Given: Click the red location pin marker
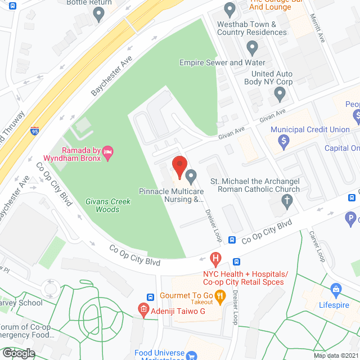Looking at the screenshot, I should (179, 166).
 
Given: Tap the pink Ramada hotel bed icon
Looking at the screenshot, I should (109, 150).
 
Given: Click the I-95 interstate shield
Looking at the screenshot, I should (35, 130).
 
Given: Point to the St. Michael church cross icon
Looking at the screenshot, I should (287, 200).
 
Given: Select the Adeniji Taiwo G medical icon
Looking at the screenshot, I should (143, 309).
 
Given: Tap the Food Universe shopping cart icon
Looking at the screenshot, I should (192, 355).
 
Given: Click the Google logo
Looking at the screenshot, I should (18, 353).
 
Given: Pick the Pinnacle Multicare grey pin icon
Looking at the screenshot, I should (191, 177).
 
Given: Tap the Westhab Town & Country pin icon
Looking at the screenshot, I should (229, 10).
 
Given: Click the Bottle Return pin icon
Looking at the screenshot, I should (100, 14).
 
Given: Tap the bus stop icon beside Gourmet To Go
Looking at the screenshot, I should (151, 297).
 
